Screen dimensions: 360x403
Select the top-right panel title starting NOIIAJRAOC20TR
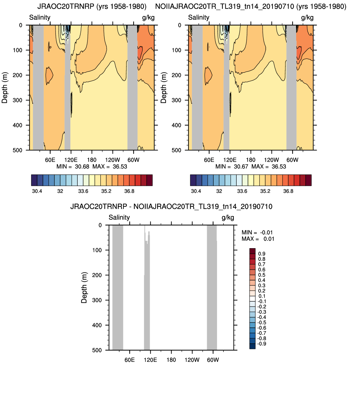tap(251, 6)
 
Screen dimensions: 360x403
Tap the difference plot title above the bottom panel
tap(171, 206)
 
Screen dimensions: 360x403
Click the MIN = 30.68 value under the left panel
tap(73, 166)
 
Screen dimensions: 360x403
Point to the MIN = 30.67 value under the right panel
tap(232, 166)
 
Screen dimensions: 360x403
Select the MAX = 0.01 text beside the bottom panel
tap(258, 239)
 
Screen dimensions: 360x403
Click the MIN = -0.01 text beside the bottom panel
tap(257, 232)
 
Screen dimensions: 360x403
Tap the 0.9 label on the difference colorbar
tap(261, 254)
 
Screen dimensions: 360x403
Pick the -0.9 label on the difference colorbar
tap(261, 344)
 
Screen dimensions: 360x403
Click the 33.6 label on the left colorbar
tap(83, 191)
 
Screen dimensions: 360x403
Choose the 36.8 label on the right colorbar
tap(288, 191)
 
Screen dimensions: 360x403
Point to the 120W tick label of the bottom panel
tap(192, 360)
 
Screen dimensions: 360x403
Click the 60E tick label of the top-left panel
tap(50, 160)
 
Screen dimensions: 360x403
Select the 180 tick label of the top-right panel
tap(251, 160)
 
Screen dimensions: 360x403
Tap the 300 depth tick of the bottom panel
tap(97, 300)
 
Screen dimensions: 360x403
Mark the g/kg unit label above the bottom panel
tap(228, 217)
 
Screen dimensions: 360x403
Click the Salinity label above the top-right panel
tap(199, 18)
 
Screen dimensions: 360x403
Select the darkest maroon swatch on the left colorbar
tap(149, 180)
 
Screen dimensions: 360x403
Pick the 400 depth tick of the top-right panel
tap(176, 125)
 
